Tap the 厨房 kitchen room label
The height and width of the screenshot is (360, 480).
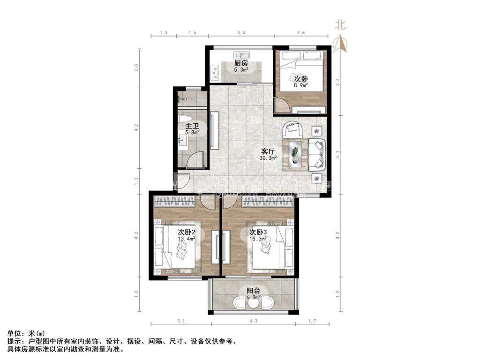[241, 63]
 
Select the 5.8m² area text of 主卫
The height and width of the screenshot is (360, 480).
[192, 133]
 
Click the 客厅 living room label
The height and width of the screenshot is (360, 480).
[268, 151]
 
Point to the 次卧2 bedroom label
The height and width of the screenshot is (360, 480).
[186, 232]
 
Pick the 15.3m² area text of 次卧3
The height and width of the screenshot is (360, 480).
[258, 239]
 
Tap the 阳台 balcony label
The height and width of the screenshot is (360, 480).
[254, 291]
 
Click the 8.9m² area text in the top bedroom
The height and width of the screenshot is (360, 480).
[300, 85]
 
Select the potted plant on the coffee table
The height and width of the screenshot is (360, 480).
[295, 151]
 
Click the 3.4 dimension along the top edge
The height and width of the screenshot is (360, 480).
[241, 33]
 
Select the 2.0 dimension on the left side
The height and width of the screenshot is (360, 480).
[136, 67]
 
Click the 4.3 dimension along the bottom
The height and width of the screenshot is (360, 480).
[254, 321]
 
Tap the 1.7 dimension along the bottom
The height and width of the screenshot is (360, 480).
[313, 321]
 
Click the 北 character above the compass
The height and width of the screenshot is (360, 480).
[340, 25]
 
